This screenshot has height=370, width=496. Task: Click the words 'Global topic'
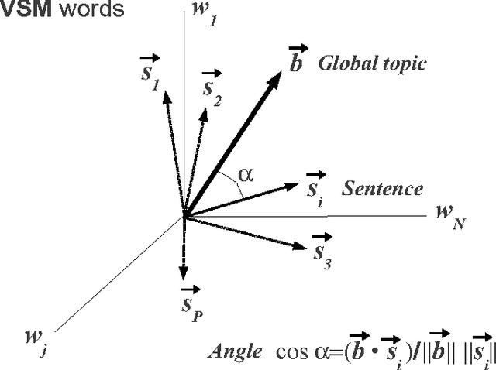click(x=372, y=63)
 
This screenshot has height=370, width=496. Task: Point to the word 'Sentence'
click(x=383, y=189)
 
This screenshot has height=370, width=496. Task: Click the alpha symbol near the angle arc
click(x=246, y=174)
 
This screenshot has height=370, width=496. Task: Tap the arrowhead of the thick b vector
click(x=277, y=74)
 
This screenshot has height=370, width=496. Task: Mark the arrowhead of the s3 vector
click(x=305, y=246)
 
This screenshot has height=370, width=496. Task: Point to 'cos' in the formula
click(x=291, y=351)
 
